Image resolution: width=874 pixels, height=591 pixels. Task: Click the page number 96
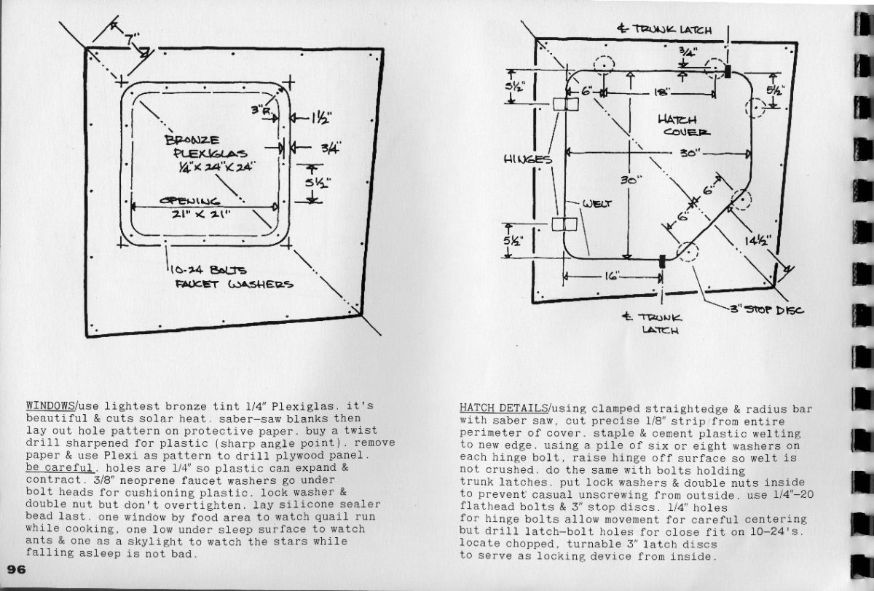(x=16, y=569)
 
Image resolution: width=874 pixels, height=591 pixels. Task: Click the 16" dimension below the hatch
(x=610, y=277)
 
